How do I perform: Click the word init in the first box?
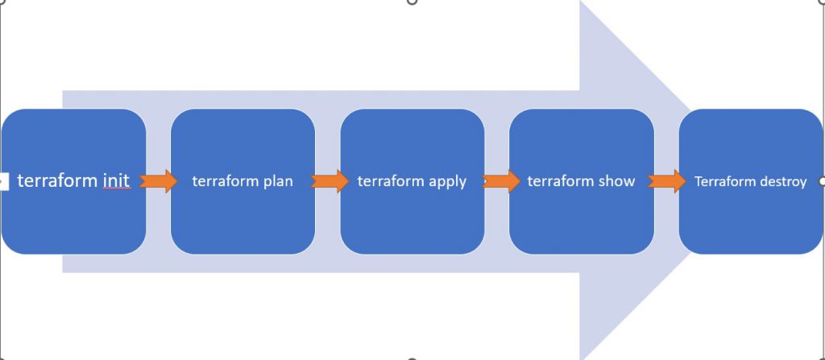(x=116, y=180)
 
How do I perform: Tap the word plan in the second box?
(x=278, y=181)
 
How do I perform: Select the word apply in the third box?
(x=447, y=181)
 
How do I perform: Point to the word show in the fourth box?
(x=616, y=181)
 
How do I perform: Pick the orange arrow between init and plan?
(x=158, y=180)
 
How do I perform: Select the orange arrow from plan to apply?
(x=327, y=180)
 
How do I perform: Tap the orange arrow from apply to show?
(x=502, y=180)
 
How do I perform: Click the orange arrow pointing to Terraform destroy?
(x=666, y=180)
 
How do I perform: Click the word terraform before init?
(x=57, y=180)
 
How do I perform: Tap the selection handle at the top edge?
(x=412, y=2)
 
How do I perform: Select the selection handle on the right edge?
(x=822, y=181)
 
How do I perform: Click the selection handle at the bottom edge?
(x=412, y=358)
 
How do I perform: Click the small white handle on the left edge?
(x=2, y=181)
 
